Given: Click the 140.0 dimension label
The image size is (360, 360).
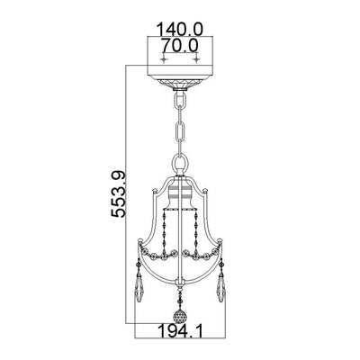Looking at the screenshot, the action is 180,29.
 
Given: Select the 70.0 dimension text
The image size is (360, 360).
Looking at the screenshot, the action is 180,46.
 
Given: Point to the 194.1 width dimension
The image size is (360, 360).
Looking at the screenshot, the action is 180,332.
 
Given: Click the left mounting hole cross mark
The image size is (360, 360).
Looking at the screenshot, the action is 164,59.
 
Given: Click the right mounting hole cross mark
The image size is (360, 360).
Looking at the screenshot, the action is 196,59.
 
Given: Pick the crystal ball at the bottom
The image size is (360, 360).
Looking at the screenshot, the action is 180,316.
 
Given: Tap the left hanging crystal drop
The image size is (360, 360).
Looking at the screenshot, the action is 139,286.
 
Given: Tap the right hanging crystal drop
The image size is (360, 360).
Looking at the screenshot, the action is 221,286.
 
